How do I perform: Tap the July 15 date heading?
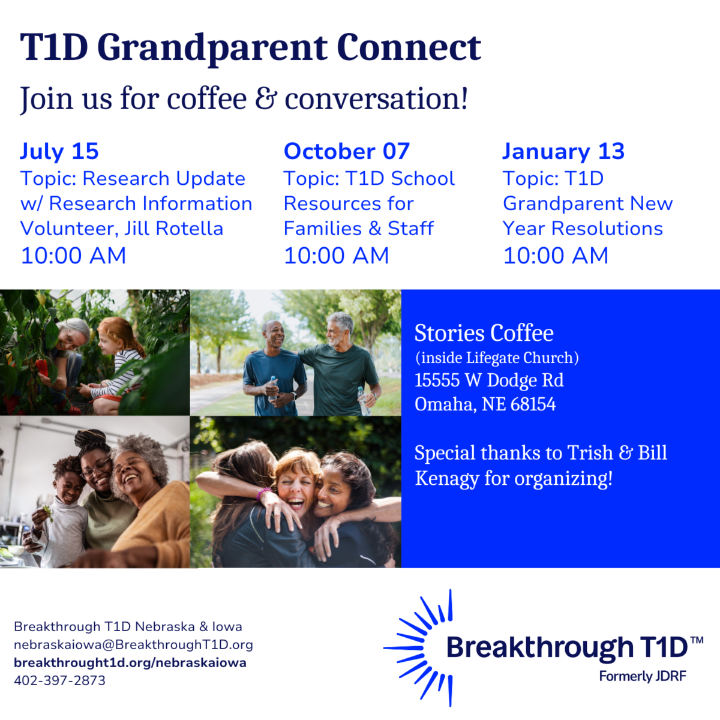[59, 152]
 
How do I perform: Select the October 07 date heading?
[347, 151]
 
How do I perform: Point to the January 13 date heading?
[563, 152]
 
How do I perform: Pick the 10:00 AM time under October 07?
[336, 256]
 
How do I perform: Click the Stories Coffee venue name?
[484, 332]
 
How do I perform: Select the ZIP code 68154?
[533, 404]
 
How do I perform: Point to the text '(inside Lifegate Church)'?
[497, 358]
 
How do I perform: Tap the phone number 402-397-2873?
[60, 680]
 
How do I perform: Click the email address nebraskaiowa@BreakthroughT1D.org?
[133, 644]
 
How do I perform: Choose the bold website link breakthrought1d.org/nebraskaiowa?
[130, 663]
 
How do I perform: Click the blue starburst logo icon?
[421, 647]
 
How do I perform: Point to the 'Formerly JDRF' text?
[643, 676]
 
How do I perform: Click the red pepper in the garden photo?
[42, 367]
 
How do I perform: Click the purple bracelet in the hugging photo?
[264, 493]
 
